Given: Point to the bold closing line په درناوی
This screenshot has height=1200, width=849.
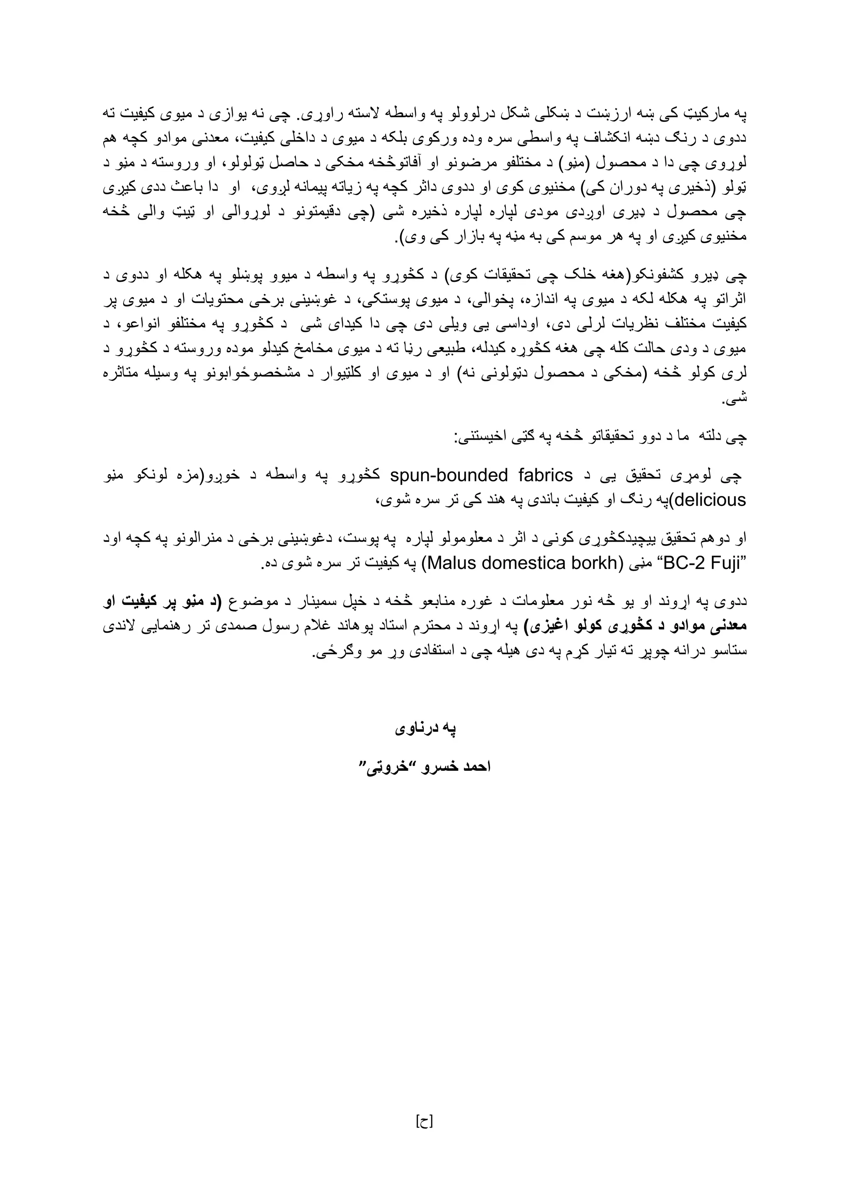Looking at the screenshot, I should pos(424,729).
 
